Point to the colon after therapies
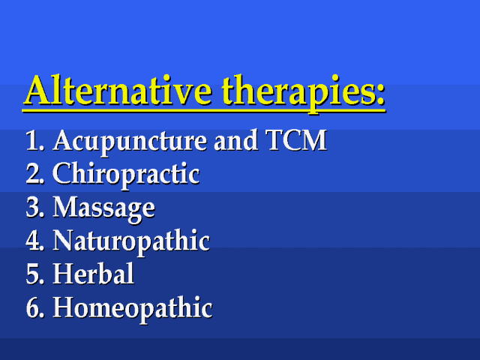click(379, 94)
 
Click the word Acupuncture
click(130, 142)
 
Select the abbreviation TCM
click(296, 140)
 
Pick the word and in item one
click(235, 140)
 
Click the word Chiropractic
click(126, 175)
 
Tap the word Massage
click(104, 208)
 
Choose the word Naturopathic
click(131, 241)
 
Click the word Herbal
click(93, 273)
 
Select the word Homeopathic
click(133, 309)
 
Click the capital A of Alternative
click(39, 90)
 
